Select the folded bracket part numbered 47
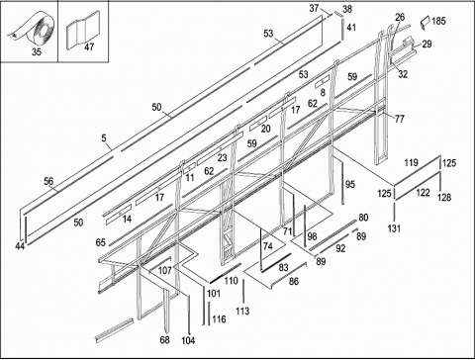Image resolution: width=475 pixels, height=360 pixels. (x=83, y=31)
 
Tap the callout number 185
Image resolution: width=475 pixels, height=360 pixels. (x=438, y=21)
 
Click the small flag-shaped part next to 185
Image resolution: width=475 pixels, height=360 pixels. (x=425, y=22)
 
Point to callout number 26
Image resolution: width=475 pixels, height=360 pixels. (x=400, y=17)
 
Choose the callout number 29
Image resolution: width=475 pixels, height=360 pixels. (x=427, y=44)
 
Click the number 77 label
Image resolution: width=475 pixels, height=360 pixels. (x=400, y=119)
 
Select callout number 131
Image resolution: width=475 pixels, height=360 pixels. (x=394, y=228)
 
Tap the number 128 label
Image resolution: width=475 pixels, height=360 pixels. (x=444, y=197)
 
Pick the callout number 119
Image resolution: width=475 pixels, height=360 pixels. (x=412, y=162)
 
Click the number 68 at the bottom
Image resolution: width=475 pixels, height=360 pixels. (x=164, y=339)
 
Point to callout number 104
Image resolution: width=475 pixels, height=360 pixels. (x=188, y=340)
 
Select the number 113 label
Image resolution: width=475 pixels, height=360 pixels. (x=242, y=311)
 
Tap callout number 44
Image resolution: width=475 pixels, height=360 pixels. (x=20, y=246)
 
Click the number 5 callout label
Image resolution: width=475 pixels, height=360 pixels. (x=104, y=138)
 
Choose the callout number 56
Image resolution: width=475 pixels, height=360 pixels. (x=48, y=181)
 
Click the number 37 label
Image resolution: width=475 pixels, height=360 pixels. (x=314, y=8)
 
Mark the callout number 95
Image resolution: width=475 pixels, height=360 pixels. (x=350, y=184)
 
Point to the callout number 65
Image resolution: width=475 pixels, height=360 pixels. (x=101, y=242)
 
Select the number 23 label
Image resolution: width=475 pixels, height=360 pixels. (x=222, y=158)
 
